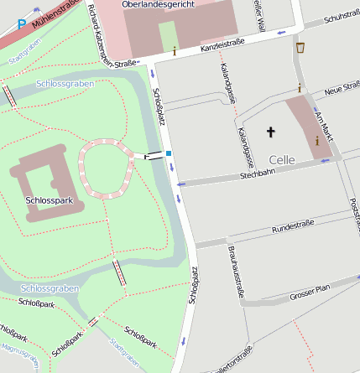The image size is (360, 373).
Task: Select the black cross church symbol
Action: pyautogui.click(x=270, y=132)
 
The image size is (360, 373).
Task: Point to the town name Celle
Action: pyautogui.click(x=283, y=159)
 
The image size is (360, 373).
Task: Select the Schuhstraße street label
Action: pyautogui.click(x=341, y=18)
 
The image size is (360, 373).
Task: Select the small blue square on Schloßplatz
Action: pyautogui.click(x=169, y=153)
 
